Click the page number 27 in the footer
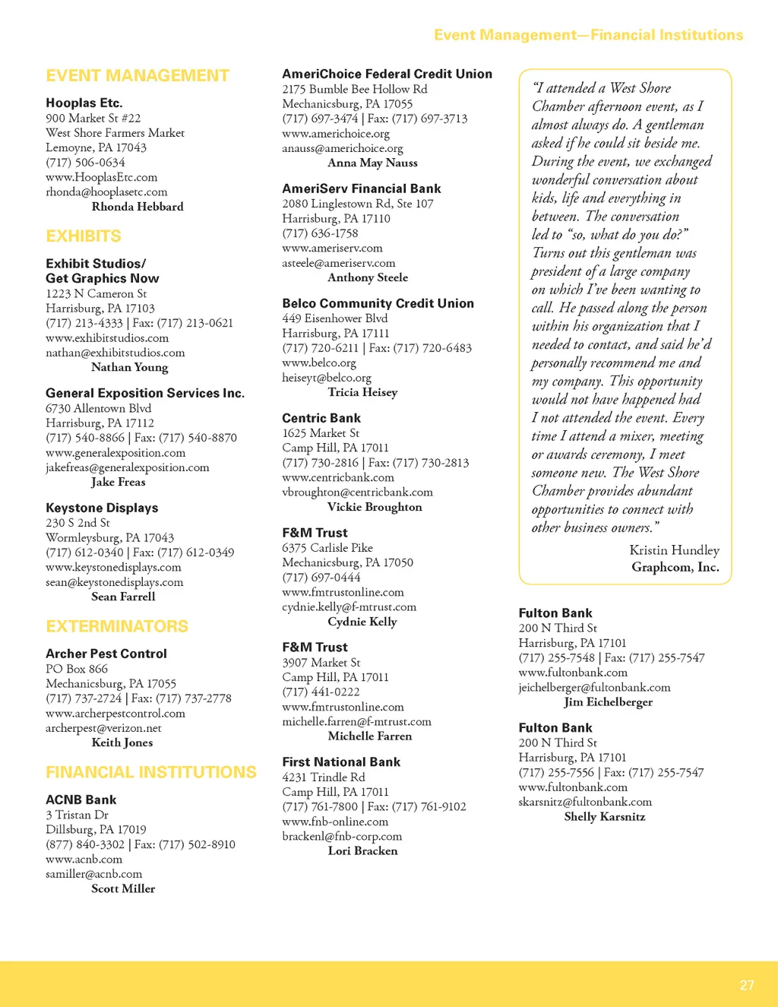click(747, 985)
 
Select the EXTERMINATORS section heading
click(117, 626)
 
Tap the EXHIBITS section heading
click(84, 236)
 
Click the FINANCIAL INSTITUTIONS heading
click(151, 772)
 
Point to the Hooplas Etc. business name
click(84, 103)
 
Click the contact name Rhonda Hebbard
click(138, 207)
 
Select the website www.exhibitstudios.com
click(107, 337)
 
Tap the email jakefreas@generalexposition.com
click(128, 467)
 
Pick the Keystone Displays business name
click(102, 508)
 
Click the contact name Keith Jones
click(122, 743)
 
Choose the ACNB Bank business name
click(81, 800)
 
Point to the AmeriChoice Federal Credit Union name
click(387, 74)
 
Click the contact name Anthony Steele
click(368, 277)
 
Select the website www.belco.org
click(319, 363)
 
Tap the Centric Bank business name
click(321, 418)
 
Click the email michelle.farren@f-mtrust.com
click(356, 721)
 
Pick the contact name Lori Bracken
click(362, 850)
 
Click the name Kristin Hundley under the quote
click(674, 550)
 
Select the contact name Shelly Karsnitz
click(605, 816)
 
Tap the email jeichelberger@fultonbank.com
click(594, 687)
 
